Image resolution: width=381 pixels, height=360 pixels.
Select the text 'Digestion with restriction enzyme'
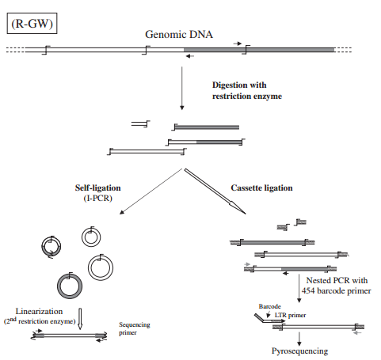246,90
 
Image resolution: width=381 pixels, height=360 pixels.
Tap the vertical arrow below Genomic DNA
182,88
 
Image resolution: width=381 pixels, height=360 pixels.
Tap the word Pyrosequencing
301,349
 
